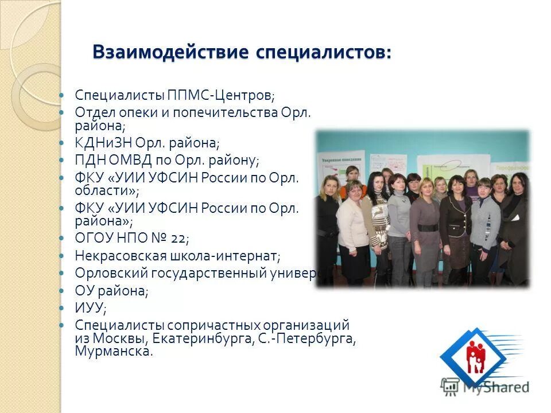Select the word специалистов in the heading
324,52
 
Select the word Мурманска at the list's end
113,351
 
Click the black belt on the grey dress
428,227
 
